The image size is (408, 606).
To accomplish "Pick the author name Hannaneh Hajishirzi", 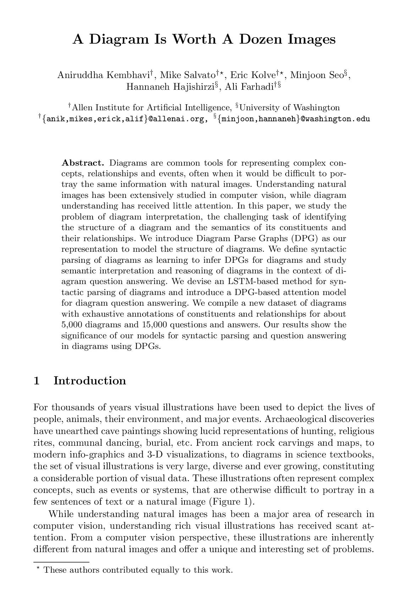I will pos(170,87).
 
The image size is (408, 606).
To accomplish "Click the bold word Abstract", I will pos(83,163).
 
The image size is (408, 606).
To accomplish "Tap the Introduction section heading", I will pos(90,381).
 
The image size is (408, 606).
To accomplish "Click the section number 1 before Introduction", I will pos(36,381).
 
